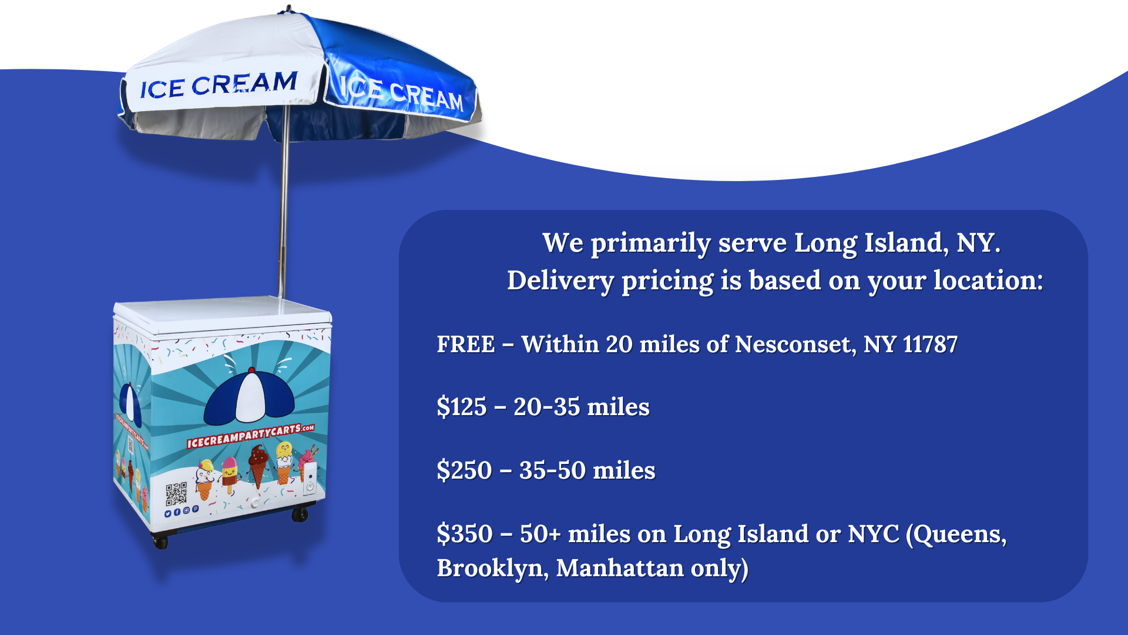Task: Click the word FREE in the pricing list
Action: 466,345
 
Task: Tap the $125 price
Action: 462,407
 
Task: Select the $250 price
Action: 464,470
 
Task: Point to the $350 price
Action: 465,534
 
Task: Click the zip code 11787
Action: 930,345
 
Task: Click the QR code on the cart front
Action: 176,494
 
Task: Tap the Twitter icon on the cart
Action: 168,514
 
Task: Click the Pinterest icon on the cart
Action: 196,509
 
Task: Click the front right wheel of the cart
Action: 300,514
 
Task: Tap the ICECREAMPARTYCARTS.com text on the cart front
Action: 250,436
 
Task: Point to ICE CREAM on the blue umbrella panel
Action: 402,92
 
